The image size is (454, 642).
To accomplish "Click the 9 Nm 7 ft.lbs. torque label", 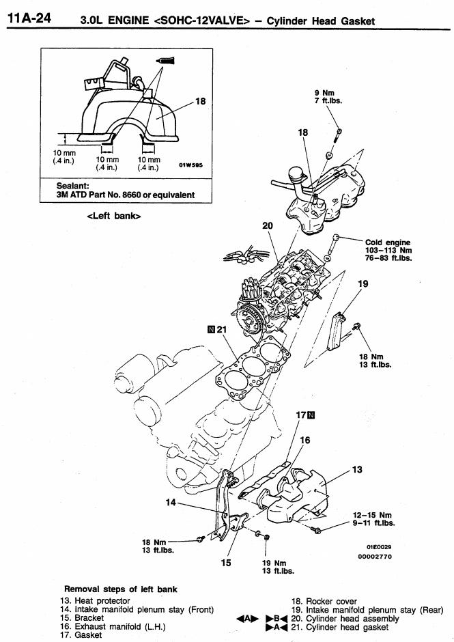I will [328, 97].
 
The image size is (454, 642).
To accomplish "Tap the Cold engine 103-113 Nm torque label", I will [388, 251].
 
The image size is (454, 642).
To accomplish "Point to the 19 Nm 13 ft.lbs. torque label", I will [278, 566].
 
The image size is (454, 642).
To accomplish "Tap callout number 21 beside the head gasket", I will [221, 330].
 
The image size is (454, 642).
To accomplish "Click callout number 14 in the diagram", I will [172, 503].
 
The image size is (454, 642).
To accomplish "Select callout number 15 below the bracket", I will [226, 563].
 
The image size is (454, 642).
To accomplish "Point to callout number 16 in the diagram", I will [304, 441].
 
